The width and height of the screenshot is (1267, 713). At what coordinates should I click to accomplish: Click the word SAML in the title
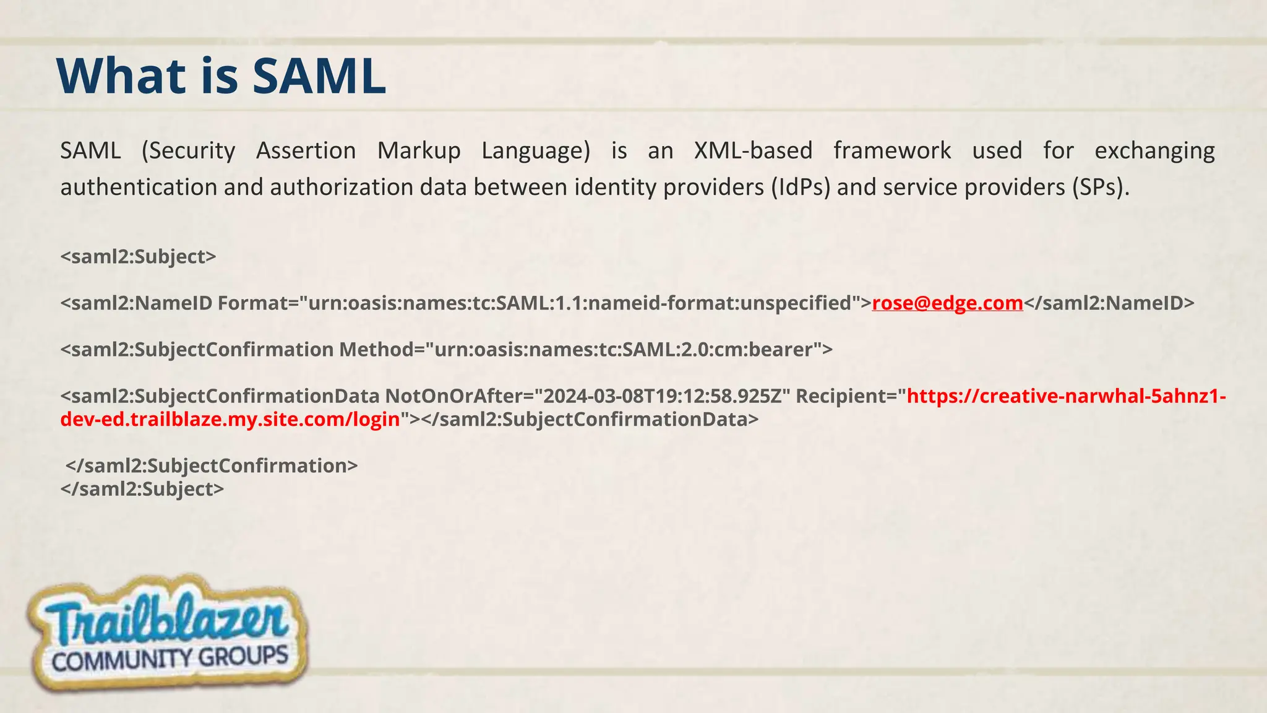pos(319,76)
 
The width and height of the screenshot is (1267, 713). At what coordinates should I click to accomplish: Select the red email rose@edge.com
pos(947,303)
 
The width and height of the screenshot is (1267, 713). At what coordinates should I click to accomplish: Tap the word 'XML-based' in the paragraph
pos(753,151)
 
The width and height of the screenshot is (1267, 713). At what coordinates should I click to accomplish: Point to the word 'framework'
pos(892,151)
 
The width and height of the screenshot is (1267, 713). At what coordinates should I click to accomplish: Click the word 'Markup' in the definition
pos(419,151)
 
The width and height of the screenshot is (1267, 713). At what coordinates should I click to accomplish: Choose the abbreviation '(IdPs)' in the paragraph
pos(801,187)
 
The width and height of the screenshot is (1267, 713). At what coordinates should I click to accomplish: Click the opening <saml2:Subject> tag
pos(138,257)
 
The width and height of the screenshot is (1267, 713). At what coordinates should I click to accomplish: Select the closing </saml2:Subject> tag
pos(142,490)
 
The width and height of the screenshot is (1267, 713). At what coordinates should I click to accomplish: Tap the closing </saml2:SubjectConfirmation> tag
pos(212,466)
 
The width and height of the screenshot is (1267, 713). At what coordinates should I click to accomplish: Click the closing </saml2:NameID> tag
pos(1109,303)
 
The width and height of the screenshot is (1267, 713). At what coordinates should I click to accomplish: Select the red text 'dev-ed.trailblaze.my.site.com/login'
pos(230,420)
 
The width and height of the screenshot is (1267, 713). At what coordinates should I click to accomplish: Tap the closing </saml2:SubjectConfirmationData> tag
pos(590,420)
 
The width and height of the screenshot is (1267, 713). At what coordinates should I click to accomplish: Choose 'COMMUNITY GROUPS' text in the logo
pos(170,659)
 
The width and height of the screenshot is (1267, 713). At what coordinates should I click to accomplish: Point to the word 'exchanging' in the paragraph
pos(1154,151)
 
